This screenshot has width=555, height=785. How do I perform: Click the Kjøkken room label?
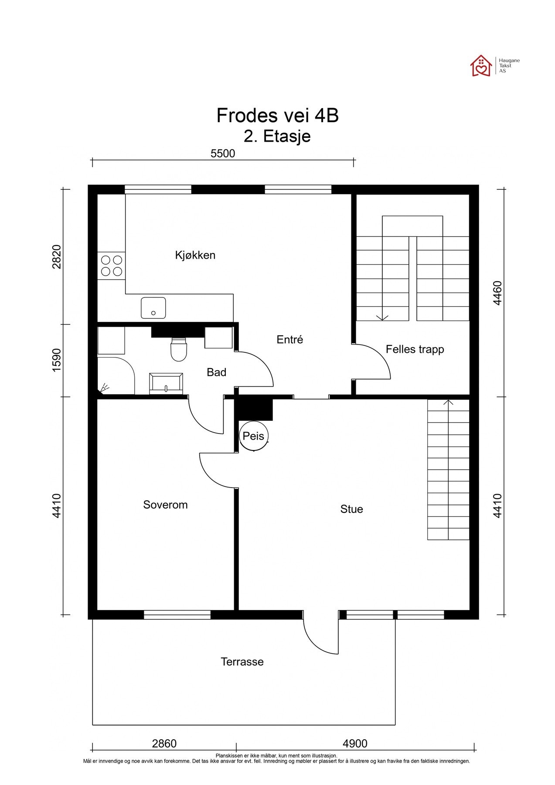195,255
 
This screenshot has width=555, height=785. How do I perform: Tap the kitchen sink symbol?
153,308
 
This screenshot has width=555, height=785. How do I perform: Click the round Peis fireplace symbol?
253,436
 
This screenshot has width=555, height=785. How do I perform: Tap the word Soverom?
165,505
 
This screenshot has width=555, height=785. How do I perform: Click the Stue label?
351,509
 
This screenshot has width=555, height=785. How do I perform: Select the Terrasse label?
242,662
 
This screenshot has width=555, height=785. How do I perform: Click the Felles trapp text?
415,349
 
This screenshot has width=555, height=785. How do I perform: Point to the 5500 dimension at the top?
223,154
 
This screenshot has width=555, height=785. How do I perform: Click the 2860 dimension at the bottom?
164,743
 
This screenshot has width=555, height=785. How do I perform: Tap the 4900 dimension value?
355,743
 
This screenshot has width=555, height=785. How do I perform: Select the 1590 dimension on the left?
57,360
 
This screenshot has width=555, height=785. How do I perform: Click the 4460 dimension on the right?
497,293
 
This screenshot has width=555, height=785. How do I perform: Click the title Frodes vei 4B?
277,116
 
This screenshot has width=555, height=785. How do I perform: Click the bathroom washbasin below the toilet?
166,383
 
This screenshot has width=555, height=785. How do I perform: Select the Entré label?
289,339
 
